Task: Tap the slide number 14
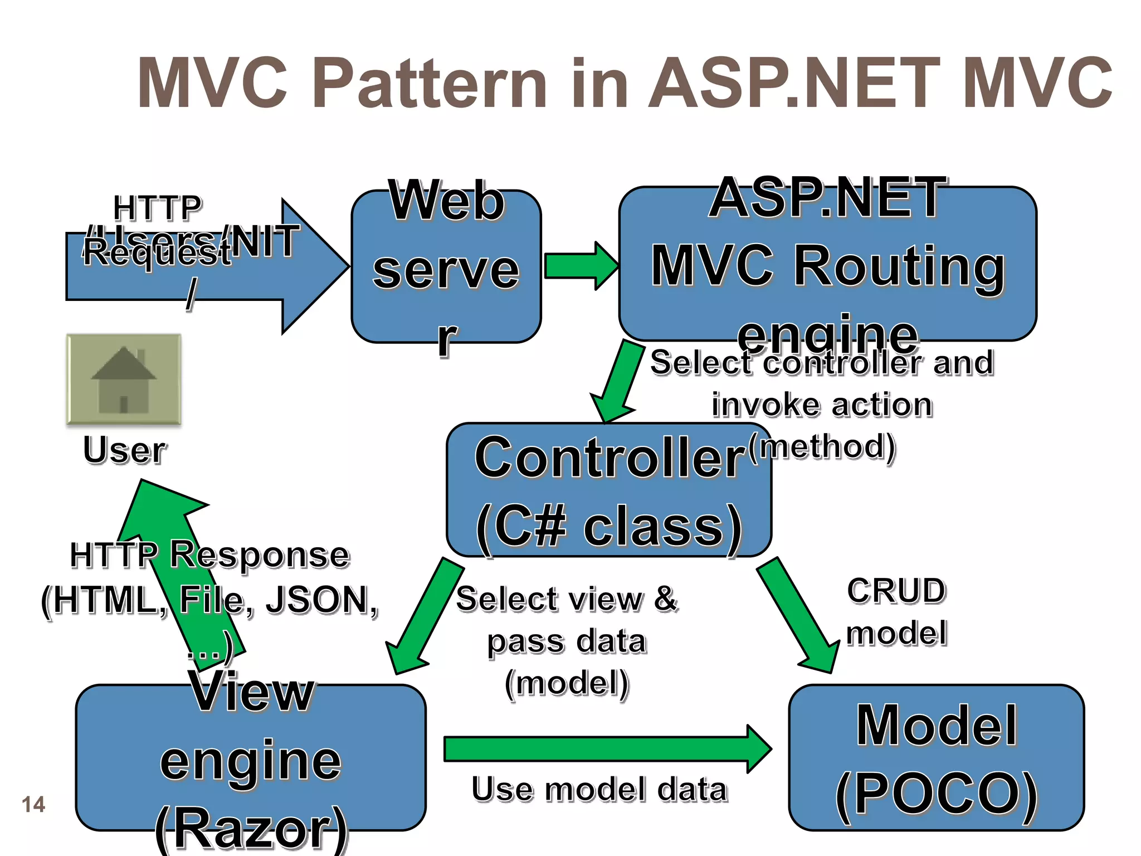33,804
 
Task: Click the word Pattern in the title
429,84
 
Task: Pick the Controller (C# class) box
608,490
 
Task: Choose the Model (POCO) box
936,758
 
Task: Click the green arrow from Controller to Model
797,613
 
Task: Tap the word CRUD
896,591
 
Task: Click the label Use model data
599,789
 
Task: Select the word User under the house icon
124,450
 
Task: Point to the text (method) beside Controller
822,447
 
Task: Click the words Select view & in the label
566,599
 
